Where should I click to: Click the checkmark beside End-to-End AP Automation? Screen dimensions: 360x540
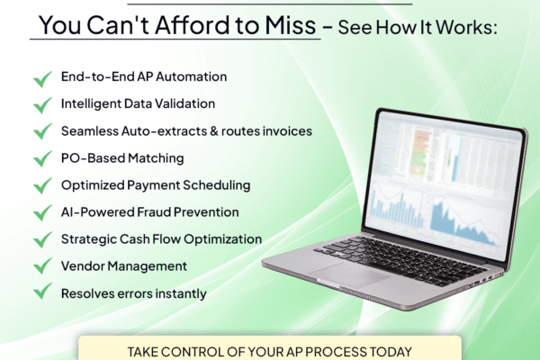pos(41,78)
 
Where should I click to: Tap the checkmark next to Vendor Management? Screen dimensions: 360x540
pos(41,267)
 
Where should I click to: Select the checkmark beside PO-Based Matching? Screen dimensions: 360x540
pos(41,159)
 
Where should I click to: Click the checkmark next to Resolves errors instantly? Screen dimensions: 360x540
pos(41,293)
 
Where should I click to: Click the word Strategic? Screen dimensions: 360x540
pos(90,239)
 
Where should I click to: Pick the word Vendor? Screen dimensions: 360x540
pos(84,266)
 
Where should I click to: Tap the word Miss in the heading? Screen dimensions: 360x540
pos(290,27)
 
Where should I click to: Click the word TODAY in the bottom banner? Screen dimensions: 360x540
pos(389,351)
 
